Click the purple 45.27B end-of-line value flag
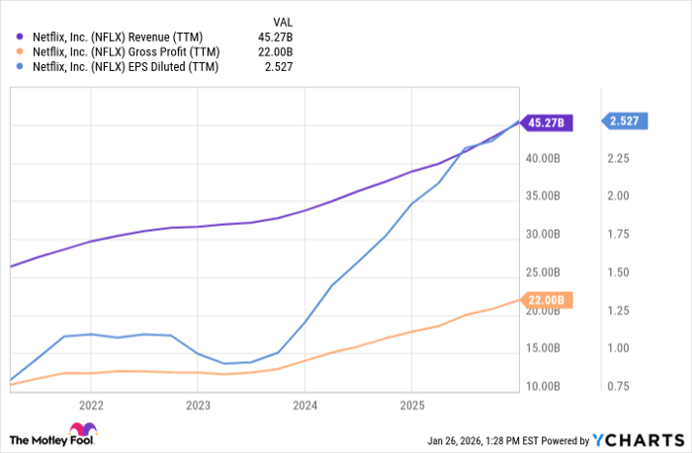pyautogui.click(x=546, y=123)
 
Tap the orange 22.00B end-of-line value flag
pyautogui.click(x=546, y=300)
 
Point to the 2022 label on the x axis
pyautogui.click(x=91, y=405)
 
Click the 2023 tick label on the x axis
pyautogui.click(x=198, y=405)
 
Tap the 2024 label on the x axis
pyautogui.click(x=304, y=405)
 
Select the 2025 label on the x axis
pyautogui.click(x=412, y=405)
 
